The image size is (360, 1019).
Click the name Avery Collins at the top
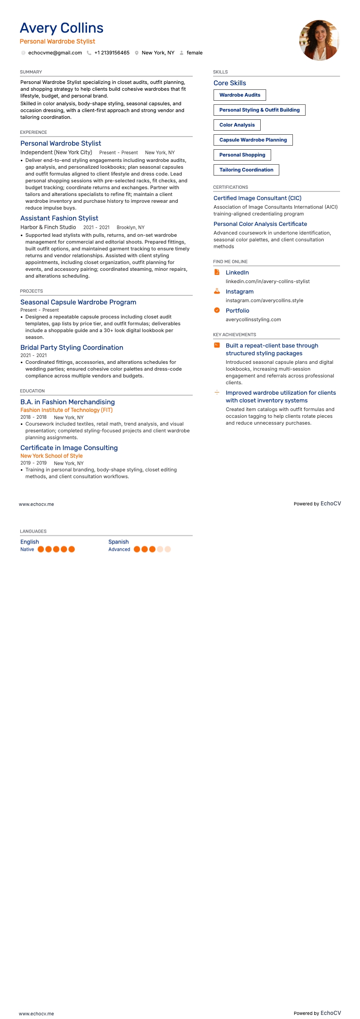[62, 28]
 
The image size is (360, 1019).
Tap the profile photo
[319, 40]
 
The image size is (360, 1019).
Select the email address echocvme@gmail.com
[55, 53]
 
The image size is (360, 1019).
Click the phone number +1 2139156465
[112, 53]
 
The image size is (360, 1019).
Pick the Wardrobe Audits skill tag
[239, 95]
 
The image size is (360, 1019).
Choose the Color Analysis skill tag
[237, 125]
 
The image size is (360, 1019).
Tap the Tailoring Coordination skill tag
[246, 170]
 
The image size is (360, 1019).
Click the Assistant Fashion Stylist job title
[59, 218]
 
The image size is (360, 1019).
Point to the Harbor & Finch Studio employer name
[48, 227]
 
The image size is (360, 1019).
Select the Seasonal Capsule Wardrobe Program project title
[78, 302]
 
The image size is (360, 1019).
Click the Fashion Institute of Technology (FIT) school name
[67, 410]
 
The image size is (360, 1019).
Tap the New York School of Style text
[52, 456]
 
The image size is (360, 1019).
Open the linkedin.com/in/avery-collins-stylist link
[268, 281]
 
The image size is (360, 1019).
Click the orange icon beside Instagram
[217, 291]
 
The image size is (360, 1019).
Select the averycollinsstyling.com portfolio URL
[253, 319]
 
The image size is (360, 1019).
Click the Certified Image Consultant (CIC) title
[257, 198]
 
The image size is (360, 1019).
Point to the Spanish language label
[118, 542]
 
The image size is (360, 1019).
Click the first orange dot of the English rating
[41, 549]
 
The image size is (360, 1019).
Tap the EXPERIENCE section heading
[34, 132]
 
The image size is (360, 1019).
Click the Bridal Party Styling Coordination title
[72, 348]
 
